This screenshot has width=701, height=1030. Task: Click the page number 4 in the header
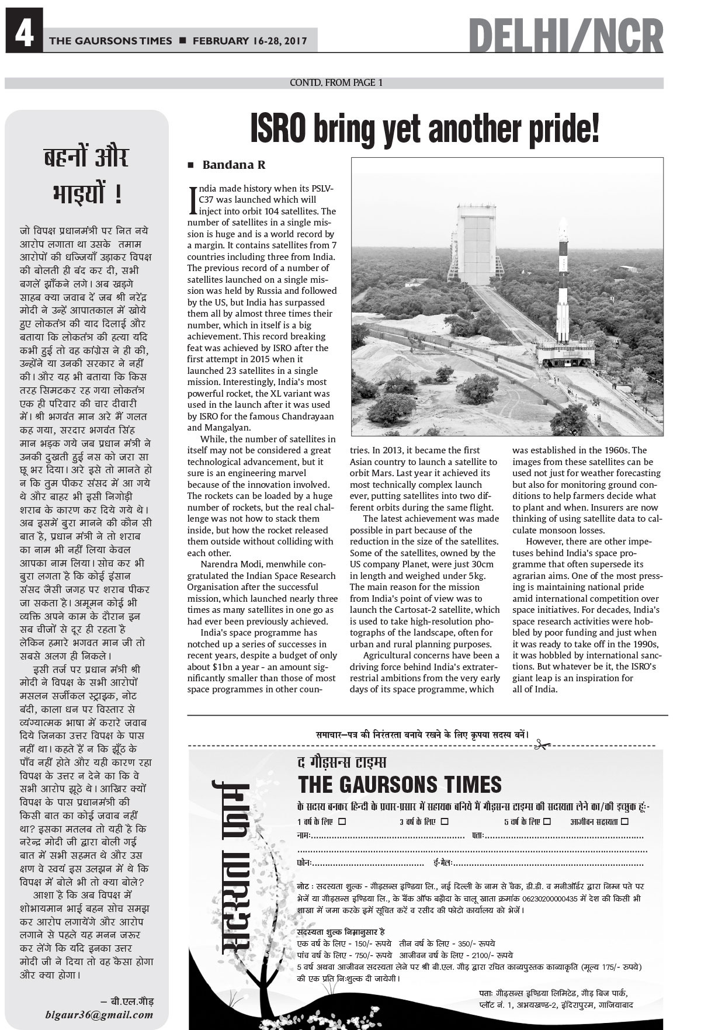(x=23, y=37)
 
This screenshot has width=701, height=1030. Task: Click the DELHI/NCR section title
(x=565, y=37)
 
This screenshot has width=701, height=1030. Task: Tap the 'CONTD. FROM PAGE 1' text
(x=336, y=83)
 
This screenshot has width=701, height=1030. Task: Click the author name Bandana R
(x=234, y=165)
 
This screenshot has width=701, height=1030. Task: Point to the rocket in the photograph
(x=563, y=286)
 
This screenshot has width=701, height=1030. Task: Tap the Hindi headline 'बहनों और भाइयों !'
(x=86, y=175)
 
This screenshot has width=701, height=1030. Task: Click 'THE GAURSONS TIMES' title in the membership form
(x=400, y=784)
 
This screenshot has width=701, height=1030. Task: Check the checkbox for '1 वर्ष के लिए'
(x=342, y=821)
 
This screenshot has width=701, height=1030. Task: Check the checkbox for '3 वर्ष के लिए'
(x=445, y=821)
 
